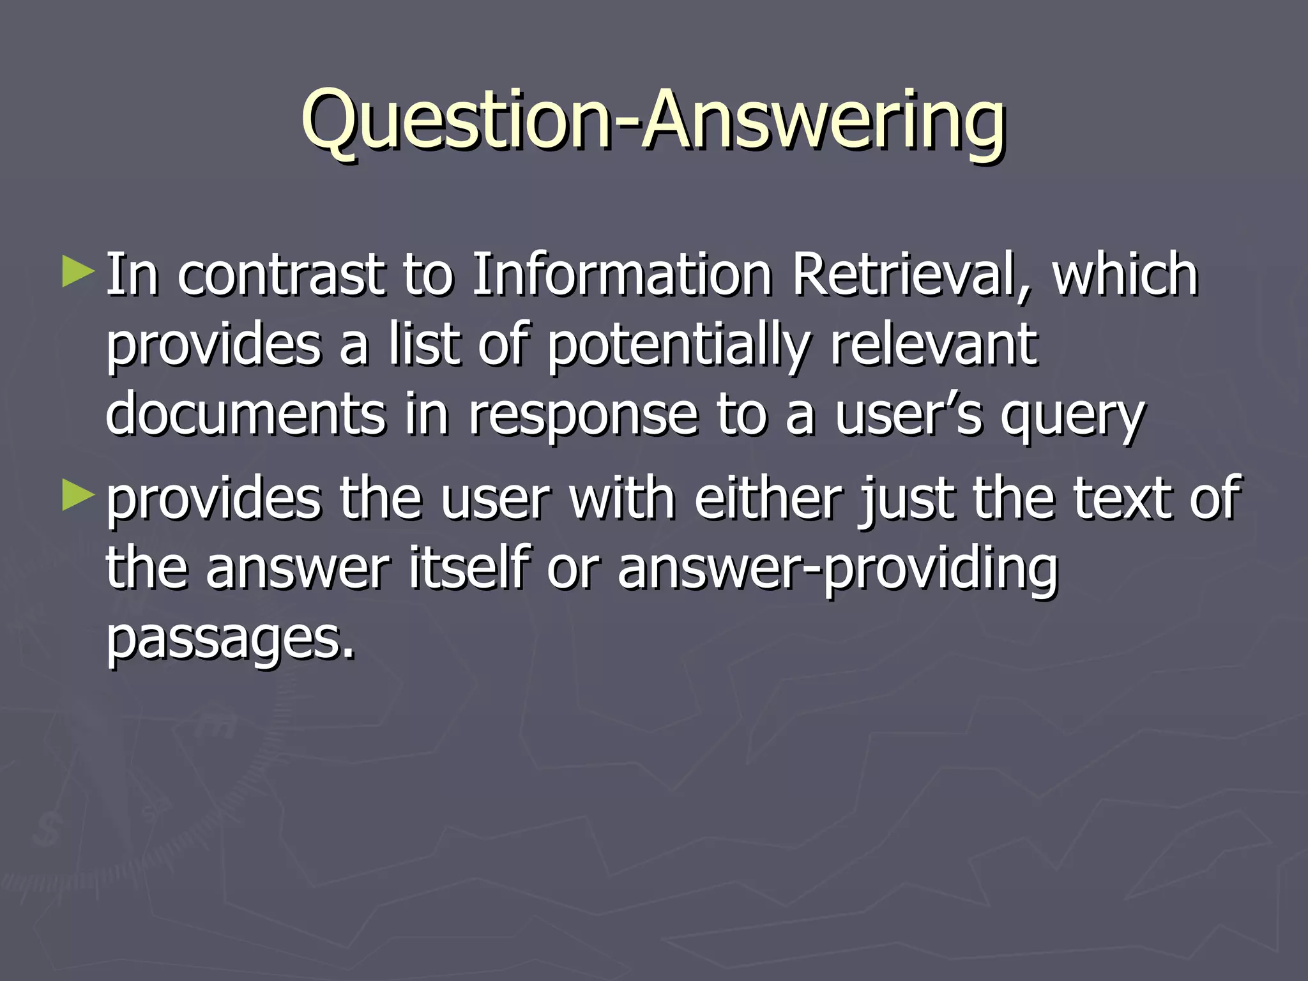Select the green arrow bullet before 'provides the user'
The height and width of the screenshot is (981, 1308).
pos(78,497)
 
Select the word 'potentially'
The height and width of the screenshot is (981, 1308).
pos(678,346)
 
